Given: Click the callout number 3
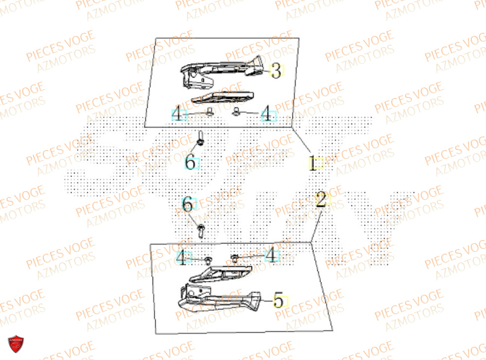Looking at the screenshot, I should (276, 72).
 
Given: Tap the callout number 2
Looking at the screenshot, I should (320, 200).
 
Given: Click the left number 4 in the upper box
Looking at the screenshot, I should (178, 115).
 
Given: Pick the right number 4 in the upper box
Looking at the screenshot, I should (267, 115).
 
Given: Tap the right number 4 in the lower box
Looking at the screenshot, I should (271, 254).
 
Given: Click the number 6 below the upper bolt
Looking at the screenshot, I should (190, 162).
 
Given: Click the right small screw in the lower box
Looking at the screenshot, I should (234, 257).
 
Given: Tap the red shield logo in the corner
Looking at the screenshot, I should (17, 345).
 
